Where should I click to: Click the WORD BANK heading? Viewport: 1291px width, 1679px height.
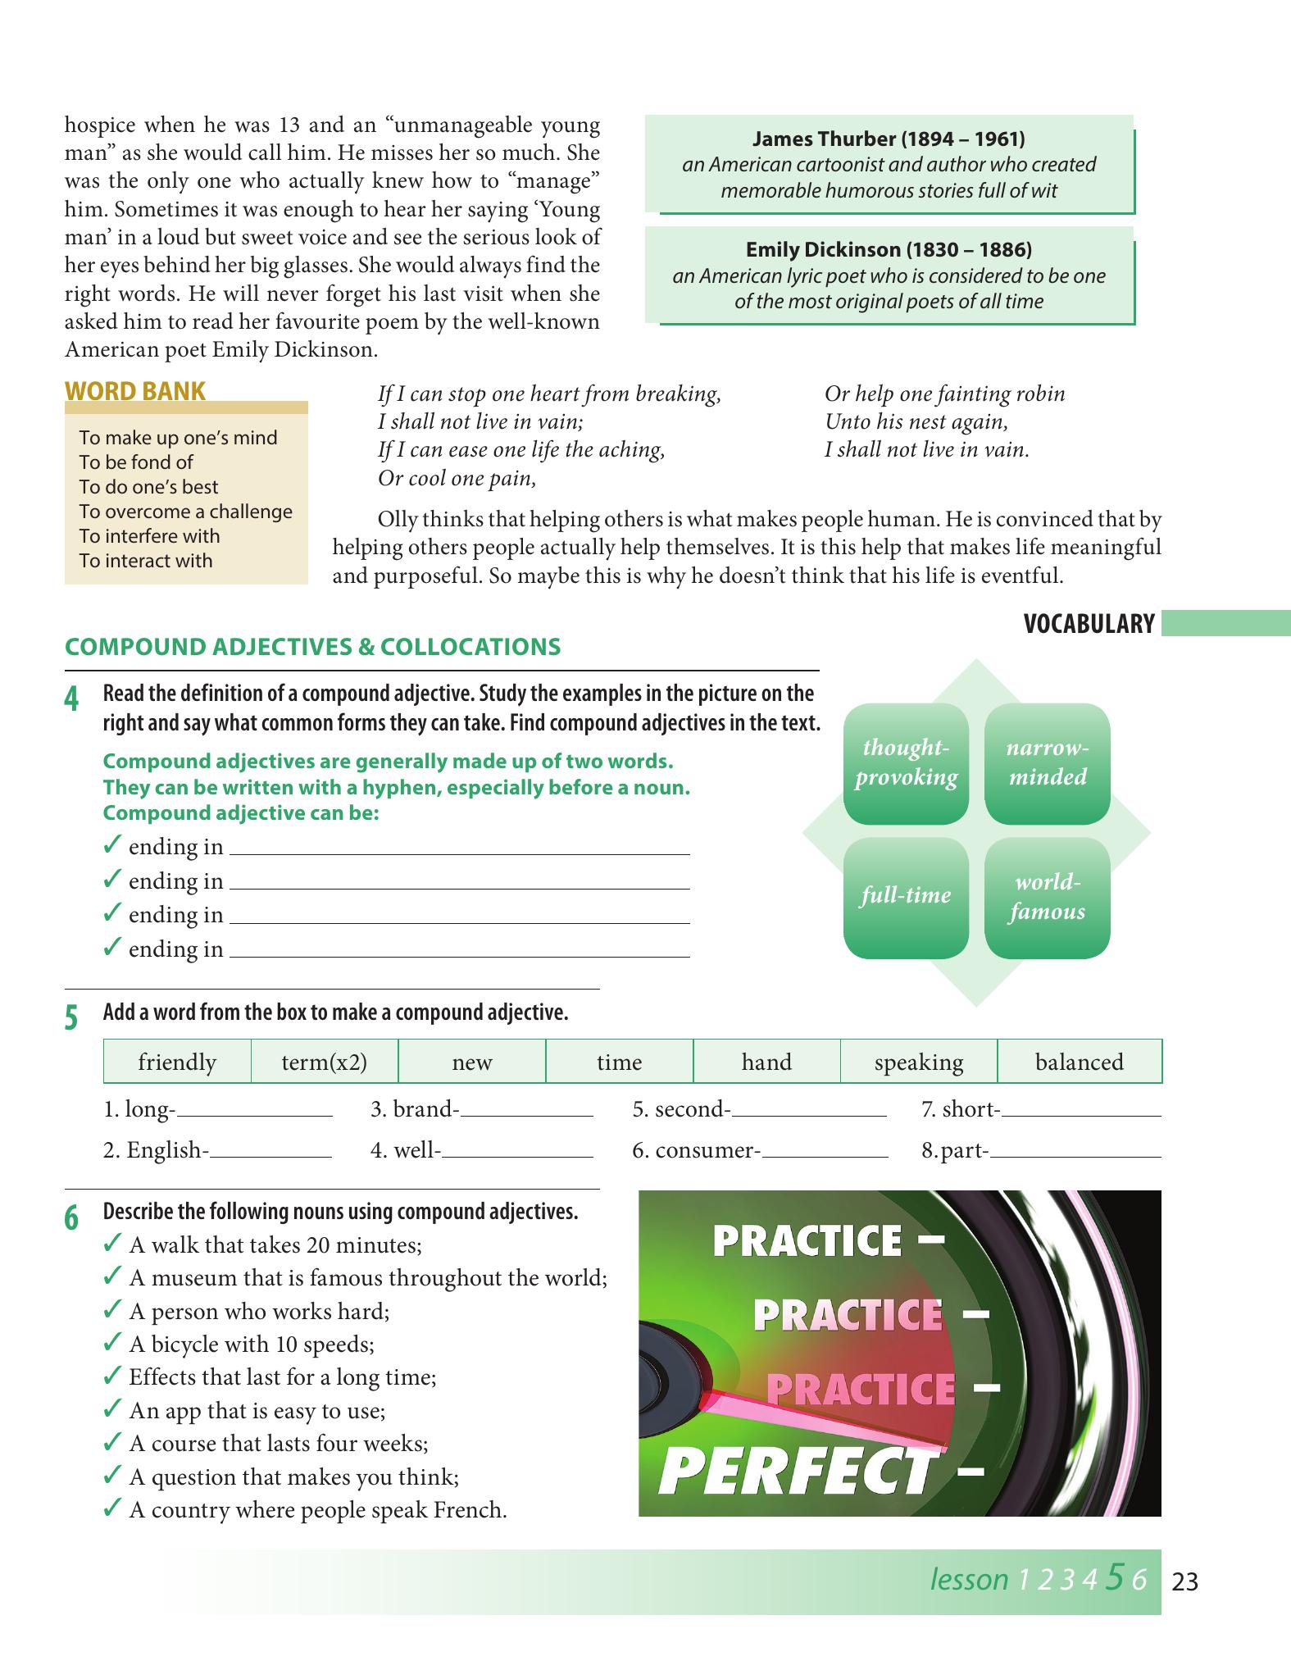point(135,391)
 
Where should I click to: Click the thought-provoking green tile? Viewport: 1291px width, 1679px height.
point(906,763)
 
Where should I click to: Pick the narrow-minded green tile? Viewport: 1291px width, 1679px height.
point(1048,763)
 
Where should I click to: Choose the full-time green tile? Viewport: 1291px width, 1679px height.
point(906,898)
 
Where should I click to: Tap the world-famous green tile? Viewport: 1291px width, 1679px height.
point(1048,898)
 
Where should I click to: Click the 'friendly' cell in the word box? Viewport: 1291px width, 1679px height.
point(177,1062)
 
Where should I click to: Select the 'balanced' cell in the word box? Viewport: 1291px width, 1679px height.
point(1080,1062)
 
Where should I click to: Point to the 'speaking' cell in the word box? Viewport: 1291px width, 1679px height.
point(919,1062)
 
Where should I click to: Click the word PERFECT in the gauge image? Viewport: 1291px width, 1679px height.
point(796,1473)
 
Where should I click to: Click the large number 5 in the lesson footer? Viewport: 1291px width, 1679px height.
point(1114,1577)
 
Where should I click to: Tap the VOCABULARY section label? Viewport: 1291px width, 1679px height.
point(1089,624)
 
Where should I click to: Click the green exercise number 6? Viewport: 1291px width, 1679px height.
point(72,1218)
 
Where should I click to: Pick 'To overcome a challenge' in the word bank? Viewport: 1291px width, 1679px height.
point(185,512)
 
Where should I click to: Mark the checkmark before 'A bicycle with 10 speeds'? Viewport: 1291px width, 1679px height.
point(113,1343)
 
